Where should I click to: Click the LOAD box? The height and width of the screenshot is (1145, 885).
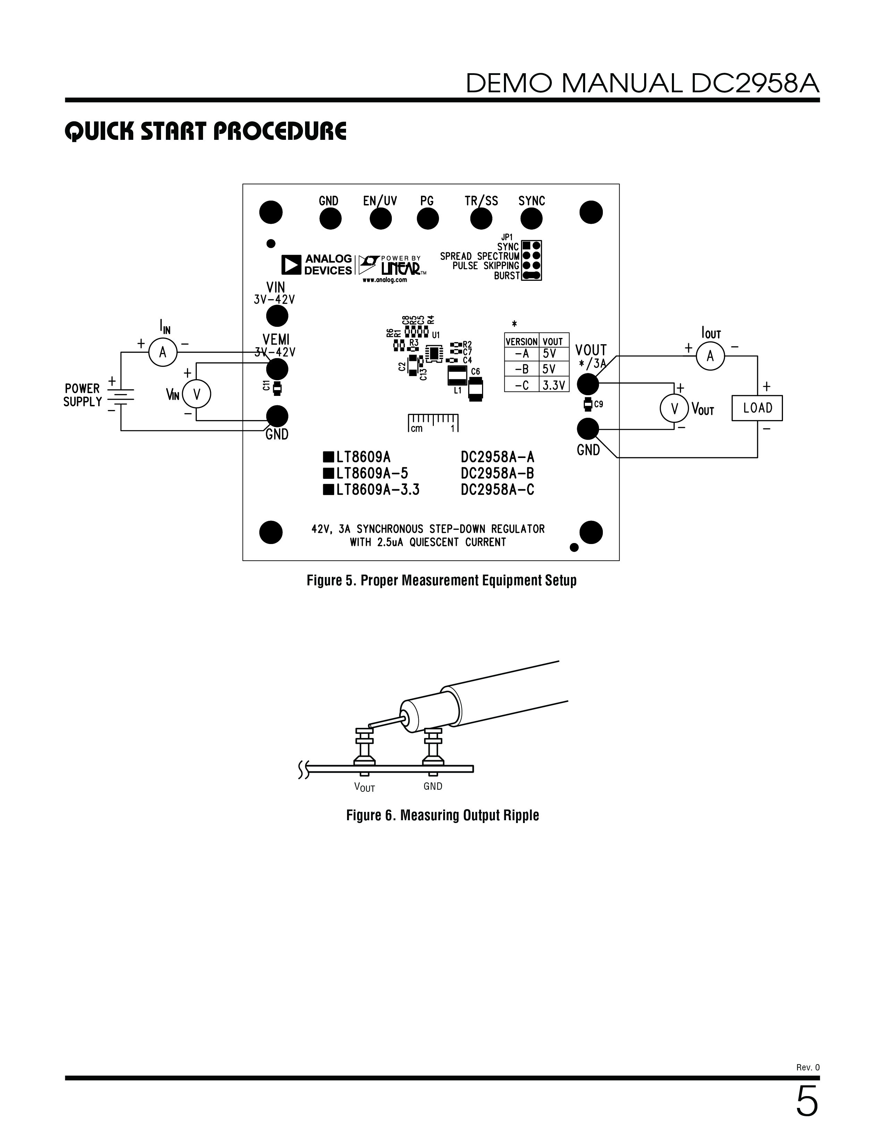click(757, 408)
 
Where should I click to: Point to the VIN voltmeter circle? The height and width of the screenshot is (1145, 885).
click(196, 395)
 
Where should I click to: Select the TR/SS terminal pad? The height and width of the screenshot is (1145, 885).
click(481, 219)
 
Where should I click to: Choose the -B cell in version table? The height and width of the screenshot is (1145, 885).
click(522, 369)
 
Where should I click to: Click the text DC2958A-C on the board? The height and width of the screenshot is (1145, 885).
click(498, 490)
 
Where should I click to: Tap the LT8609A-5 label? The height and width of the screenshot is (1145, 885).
click(366, 473)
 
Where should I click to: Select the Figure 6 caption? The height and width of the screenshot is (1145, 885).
click(442, 815)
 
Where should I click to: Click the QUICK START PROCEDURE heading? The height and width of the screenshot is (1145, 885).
click(205, 131)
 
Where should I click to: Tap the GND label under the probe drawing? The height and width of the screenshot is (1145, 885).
click(433, 786)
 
